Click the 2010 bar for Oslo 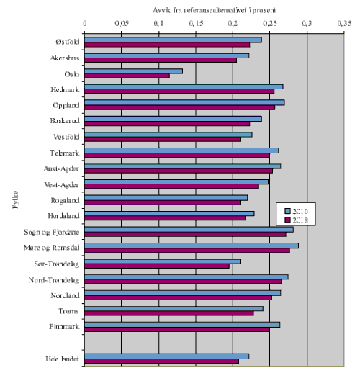pyautogui.click(x=133, y=71)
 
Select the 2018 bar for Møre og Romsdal pyautogui.click(x=187, y=251)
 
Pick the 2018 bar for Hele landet pyautogui.click(x=161, y=361)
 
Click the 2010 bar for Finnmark pyautogui.click(x=182, y=325)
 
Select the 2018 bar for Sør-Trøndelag pyautogui.click(x=156, y=266)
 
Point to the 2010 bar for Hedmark pyautogui.click(x=184, y=86)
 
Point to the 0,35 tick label pyautogui.click(x=343, y=23)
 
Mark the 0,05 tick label pyautogui.click(x=122, y=23)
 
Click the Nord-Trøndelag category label pyautogui.click(x=55, y=279)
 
